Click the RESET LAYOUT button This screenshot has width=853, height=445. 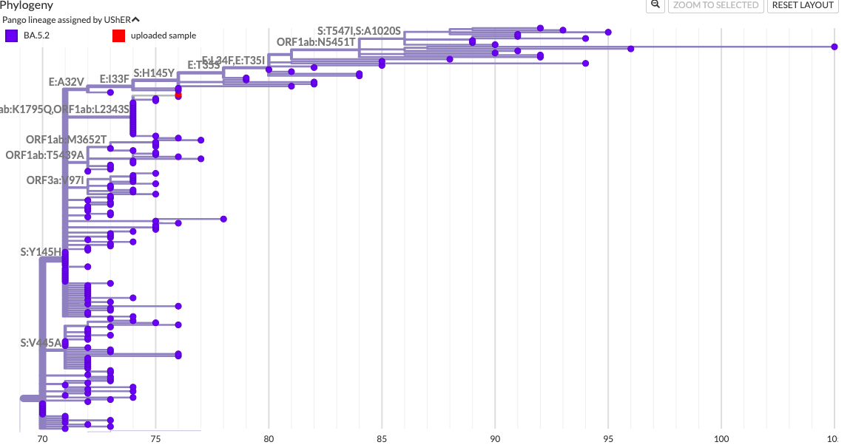[x=803, y=5]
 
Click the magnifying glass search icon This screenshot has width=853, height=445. [x=655, y=4]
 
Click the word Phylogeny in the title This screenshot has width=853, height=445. [x=27, y=5]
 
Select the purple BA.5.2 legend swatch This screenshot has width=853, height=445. [x=11, y=35]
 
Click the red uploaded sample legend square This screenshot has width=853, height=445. [x=118, y=35]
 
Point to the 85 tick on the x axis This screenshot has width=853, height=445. [x=382, y=438]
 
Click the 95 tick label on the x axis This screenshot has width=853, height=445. [x=608, y=438]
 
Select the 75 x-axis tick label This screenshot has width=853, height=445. [x=155, y=438]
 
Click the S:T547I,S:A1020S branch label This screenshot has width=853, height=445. [x=359, y=31]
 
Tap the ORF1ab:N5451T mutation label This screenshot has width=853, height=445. [x=316, y=42]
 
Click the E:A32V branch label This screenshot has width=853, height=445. [x=67, y=82]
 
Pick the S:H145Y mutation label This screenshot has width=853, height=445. [x=154, y=73]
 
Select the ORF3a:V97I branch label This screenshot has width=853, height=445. [x=55, y=180]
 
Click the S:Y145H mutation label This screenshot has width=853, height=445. [x=41, y=252]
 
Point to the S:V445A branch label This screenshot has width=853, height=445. [x=41, y=343]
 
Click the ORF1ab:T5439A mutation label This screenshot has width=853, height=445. [x=44, y=155]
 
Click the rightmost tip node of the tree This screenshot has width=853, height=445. [x=835, y=47]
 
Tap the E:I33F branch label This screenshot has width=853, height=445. [x=115, y=78]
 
